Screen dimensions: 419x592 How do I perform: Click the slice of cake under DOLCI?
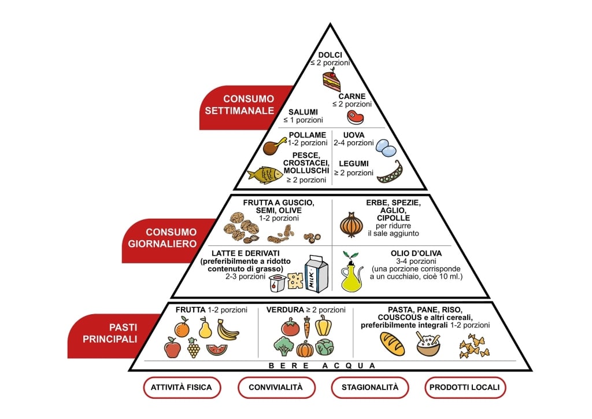332,80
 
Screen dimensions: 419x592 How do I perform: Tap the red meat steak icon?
356,117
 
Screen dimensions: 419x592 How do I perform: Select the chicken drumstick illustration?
275,145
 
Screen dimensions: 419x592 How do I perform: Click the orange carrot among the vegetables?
306,328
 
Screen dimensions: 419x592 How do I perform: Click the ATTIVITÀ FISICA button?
182,387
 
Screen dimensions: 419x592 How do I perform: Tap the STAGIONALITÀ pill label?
369,387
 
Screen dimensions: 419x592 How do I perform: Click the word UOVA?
346,135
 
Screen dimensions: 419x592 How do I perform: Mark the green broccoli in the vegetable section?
283,346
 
